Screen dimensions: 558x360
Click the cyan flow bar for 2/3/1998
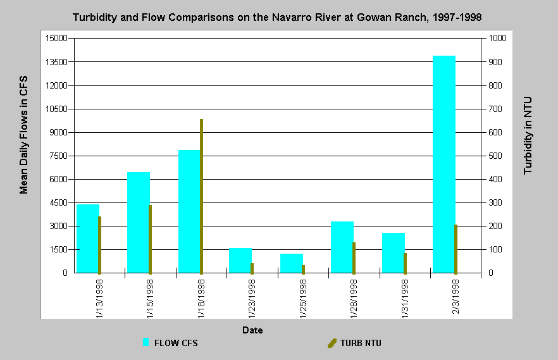tap(443, 164)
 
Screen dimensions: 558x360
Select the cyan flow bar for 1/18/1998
tap(189, 212)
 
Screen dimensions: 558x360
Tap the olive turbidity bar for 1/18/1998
tap(201, 196)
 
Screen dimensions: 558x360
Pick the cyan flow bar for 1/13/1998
tap(88, 239)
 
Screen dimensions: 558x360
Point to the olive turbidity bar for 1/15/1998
tap(150, 239)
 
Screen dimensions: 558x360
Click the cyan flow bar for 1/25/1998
tap(292, 263)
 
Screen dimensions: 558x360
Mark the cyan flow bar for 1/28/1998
tap(342, 247)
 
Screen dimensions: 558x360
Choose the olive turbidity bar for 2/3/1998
tap(456, 249)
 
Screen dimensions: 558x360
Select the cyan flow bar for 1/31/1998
tap(394, 253)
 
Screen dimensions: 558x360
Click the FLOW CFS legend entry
tap(170, 343)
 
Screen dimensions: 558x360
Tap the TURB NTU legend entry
tap(354, 343)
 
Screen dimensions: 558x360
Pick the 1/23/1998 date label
tap(252, 299)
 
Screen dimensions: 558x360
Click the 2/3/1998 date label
tap(456, 297)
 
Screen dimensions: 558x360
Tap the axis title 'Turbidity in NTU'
tap(528, 135)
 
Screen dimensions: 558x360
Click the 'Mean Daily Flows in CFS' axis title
tap(23, 135)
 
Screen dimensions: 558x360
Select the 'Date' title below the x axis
tap(252, 330)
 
